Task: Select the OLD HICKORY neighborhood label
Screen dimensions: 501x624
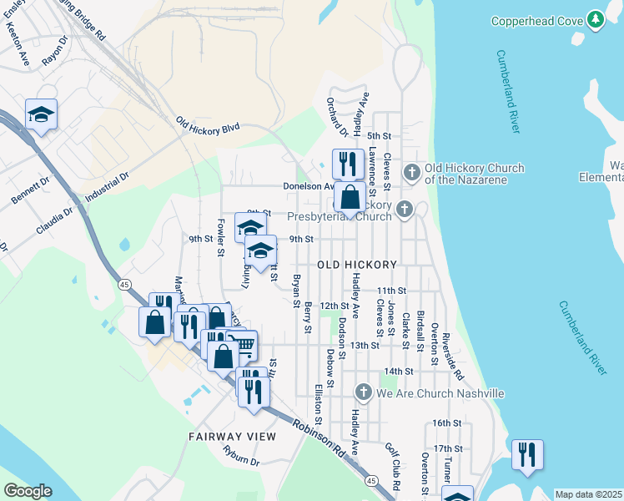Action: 356,264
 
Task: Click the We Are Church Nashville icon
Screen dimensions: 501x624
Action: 363,392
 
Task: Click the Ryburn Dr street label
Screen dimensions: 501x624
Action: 242,455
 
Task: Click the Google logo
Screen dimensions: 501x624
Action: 28,491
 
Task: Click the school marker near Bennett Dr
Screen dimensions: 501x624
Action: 41,114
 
